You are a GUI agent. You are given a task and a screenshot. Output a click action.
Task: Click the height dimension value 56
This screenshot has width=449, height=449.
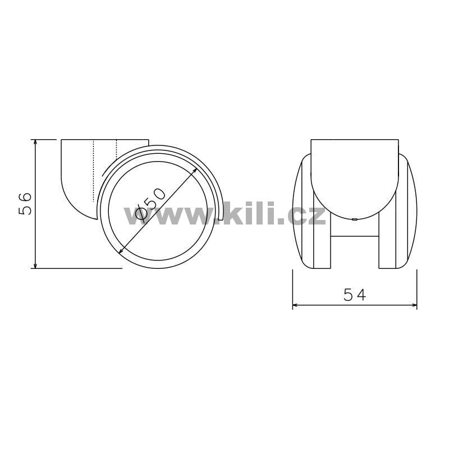coord(25,204)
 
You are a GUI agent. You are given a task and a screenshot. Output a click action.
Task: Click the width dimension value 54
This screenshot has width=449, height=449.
coord(355,295)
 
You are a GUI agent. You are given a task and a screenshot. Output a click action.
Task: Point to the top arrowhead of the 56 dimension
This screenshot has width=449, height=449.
coord(35,143)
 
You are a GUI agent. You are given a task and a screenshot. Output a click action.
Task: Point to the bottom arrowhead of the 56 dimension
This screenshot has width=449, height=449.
coord(35,264)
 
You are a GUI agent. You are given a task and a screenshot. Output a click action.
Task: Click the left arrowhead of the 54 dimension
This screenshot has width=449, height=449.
coord(296,305)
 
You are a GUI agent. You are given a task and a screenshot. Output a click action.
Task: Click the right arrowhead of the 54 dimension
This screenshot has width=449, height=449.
coord(413,305)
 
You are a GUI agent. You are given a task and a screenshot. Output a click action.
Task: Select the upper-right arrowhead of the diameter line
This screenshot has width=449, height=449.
coord(194,171)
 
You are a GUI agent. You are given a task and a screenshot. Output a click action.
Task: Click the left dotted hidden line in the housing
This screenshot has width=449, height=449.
coord(94,171)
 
